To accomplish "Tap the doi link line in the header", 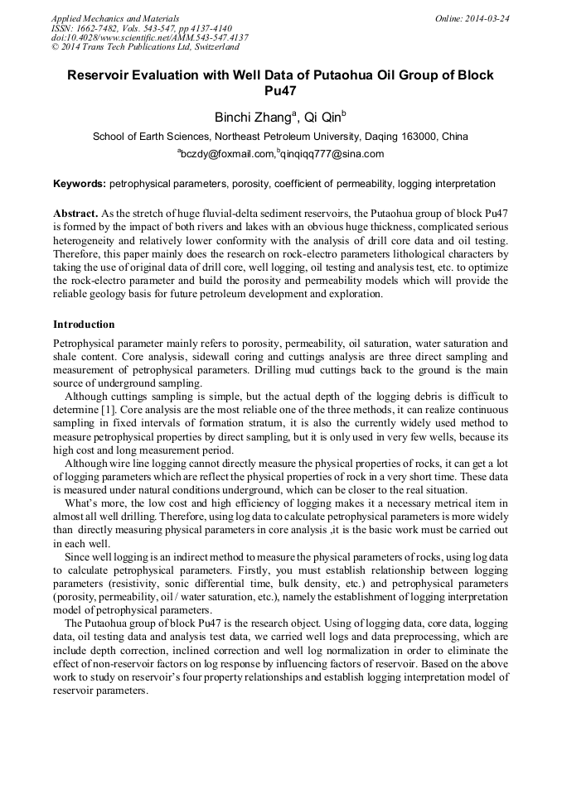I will (x=149, y=38).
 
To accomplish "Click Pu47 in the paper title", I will (x=280, y=91).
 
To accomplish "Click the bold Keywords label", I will (x=80, y=184).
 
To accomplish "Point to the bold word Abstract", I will (x=76, y=214).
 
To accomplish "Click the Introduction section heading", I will (x=84, y=325).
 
